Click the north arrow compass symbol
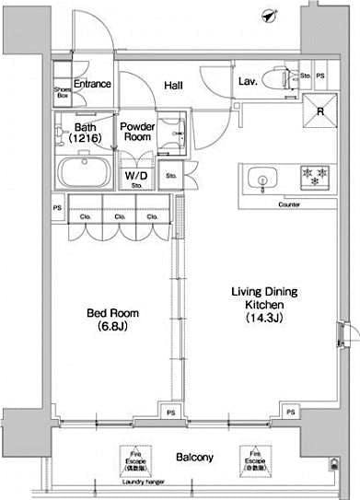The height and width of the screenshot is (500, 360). pyautogui.click(x=269, y=16)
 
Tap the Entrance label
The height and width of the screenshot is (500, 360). pyautogui.click(x=92, y=84)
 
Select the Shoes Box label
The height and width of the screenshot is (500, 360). pyautogui.click(x=63, y=93)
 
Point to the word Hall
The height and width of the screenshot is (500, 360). pyautogui.click(x=172, y=85)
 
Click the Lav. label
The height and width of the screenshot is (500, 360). pyautogui.click(x=247, y=82)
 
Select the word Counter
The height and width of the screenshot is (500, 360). pyautogui.click(x=288, y=203)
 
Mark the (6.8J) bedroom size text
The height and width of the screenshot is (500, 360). pyautogui.click(x=107, y=326)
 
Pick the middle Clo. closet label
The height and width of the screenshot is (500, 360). pyautogui.click(x=120, y=217)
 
